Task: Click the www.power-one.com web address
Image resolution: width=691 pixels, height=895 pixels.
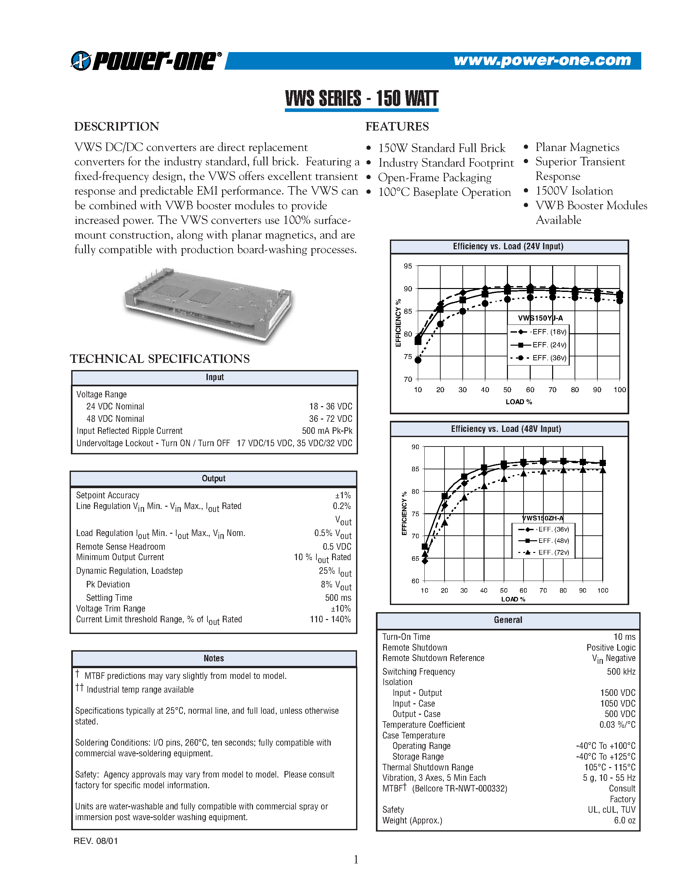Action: pos(542,60)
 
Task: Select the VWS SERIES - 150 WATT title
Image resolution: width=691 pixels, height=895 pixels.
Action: pos(362,99)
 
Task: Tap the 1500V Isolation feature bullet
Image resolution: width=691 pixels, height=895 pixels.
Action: pos(574,191)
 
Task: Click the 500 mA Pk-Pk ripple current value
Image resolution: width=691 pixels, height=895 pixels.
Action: pos(327,431)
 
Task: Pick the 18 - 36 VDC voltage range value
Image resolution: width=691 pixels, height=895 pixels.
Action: pos(330,406)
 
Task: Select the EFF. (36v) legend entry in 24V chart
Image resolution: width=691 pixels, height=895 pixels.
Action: pos(549,358)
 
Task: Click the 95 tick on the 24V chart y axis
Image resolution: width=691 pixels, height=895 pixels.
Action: pos(408,266)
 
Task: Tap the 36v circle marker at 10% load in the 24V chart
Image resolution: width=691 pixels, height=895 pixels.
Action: pos(418,360)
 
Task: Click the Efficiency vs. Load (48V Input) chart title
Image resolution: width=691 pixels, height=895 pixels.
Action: pos(506,429)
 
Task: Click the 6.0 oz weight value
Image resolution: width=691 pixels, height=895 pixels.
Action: pos(625,820)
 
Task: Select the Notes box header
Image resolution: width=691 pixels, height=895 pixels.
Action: pos(214,658)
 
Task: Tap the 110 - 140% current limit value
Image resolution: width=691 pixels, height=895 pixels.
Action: pos(330,619)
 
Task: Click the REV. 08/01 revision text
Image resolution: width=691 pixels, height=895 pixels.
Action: pos(96,841)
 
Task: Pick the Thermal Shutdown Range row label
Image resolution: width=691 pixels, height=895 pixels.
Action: pos(427,767)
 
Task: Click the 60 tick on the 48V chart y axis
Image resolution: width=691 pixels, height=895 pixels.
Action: pos(415,581)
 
